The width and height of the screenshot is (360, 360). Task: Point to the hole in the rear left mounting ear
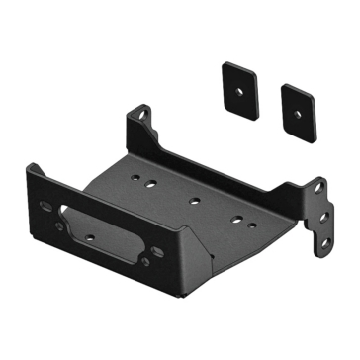(144, 116)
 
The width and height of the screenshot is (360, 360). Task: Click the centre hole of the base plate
(194, 201)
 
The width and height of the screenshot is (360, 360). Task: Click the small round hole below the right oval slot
(145, 261)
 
